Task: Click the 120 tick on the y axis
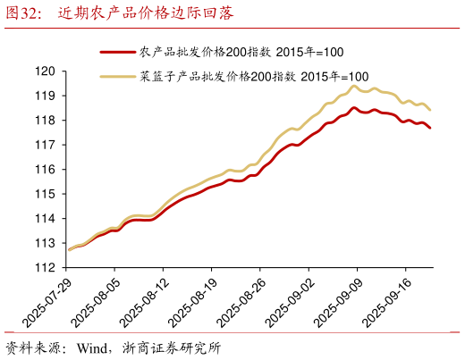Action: (x=45, y=71)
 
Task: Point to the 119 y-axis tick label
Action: (x=45, y=96)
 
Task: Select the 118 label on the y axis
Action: (x=45, y=121)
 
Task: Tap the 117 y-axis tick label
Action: (x=45, y=145)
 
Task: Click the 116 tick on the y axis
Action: (x=45, y=170)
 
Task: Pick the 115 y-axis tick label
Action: (x=45, y=194)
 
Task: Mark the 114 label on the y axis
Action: (x=45, y=219)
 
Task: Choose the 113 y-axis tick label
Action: (x=45, y=243)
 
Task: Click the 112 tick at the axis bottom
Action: (x=45, y=267)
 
